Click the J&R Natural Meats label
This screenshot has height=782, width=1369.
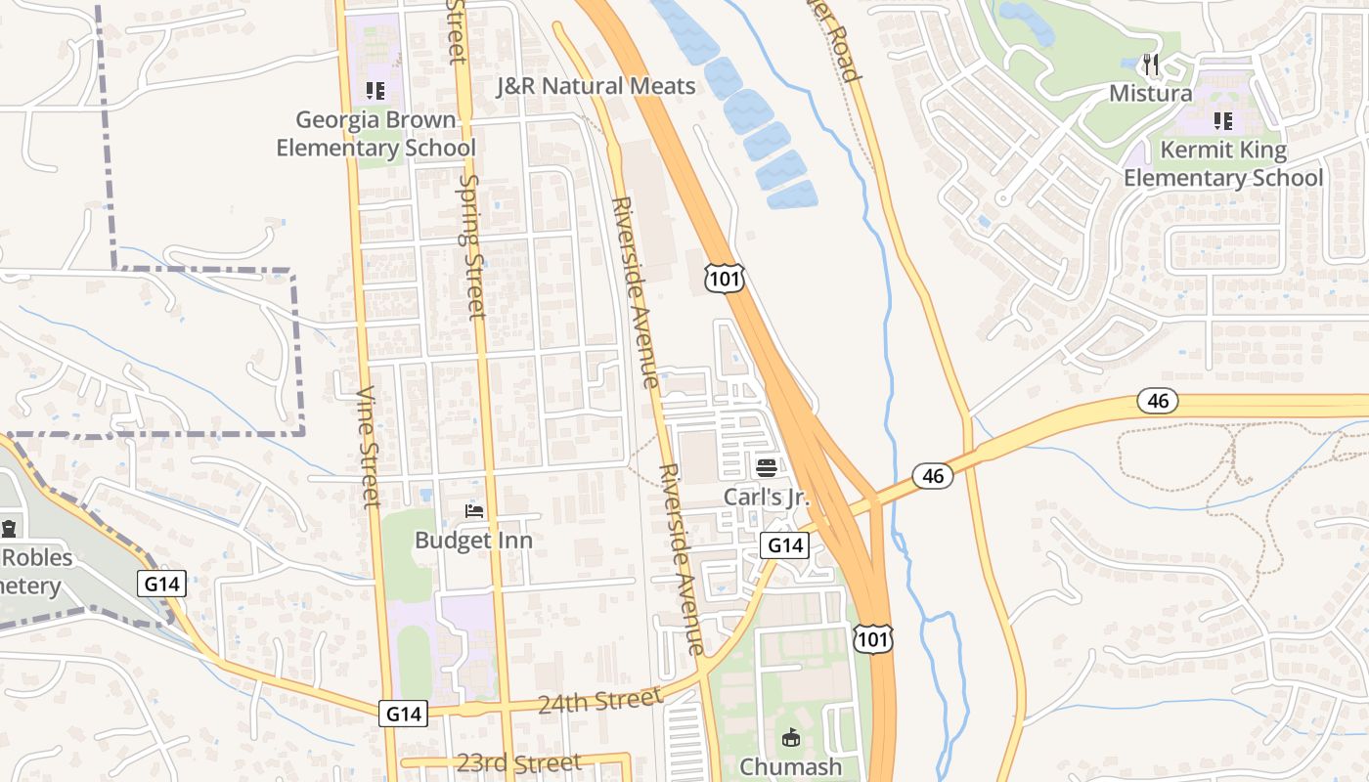596,86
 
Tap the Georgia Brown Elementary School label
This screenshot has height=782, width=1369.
375,134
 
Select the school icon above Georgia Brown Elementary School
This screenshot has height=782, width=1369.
375,91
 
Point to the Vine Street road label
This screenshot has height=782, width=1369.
368,447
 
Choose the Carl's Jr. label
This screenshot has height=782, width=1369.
767,497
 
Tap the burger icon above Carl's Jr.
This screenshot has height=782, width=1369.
767,467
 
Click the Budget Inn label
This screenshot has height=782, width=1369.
473,540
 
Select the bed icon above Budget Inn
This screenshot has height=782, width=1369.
474,511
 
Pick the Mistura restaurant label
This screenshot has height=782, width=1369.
1151,94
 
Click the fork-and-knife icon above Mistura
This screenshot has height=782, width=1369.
1151,65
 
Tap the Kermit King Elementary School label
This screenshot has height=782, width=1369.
1222,164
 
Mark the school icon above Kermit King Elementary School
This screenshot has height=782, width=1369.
1222,120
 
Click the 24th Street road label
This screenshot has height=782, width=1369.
600,700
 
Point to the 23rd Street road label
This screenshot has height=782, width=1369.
518,762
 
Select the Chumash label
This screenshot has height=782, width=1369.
791,766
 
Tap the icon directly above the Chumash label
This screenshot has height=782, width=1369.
791,737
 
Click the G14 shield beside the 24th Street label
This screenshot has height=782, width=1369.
404,714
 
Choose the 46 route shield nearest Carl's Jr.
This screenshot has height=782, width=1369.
933,476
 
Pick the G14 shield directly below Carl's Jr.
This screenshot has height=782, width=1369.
785,545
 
